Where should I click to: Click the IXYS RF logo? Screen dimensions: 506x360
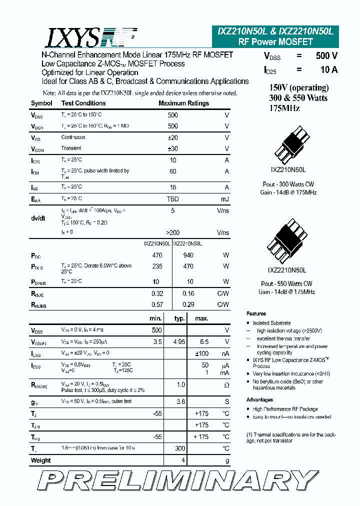92,37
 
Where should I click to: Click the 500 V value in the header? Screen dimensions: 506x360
326,56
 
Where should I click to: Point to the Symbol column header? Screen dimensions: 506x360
41,103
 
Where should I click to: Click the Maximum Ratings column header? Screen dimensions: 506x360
183,103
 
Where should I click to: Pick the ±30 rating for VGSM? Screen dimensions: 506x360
172,148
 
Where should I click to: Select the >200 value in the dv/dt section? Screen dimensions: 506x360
172,232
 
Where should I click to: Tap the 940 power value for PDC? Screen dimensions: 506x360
188,255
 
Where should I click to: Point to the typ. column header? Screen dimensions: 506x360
179,318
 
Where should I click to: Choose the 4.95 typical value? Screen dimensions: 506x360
178,342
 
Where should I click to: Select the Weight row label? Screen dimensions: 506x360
41,460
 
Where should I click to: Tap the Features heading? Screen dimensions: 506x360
256,314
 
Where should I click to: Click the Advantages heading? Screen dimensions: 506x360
259,400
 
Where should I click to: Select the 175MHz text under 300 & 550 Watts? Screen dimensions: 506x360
284,108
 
